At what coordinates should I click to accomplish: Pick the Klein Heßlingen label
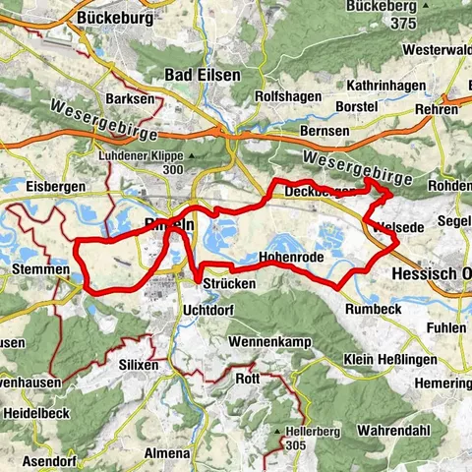pyautogui.click(x=393, y=359)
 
